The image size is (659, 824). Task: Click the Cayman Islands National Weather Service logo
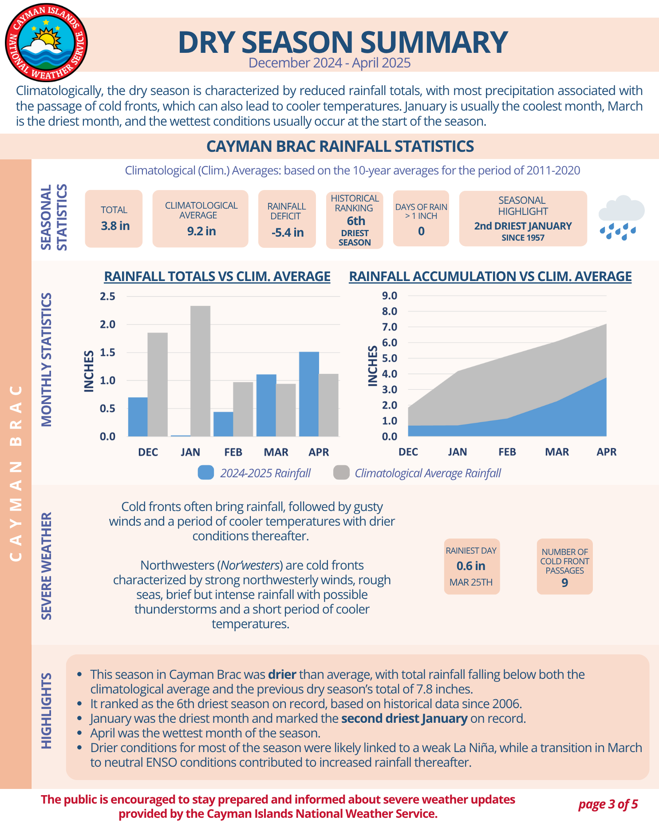coord(46,43)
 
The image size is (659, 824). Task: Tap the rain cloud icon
coord(621,217)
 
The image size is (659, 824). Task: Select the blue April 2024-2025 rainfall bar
coord(309,394)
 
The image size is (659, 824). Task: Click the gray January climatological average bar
coord(201,371)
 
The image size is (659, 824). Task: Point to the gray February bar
coord(243,409)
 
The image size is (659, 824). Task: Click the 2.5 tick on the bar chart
coord(107,296)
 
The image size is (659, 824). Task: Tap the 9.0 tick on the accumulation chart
coord(389,296)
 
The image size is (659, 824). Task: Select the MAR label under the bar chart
coord(276,452)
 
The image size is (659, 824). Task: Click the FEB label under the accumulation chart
coord(507,452)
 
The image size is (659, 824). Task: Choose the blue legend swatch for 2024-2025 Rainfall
coord(206,473)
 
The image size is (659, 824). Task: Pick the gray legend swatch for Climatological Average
coord(341,473)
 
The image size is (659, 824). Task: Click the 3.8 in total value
coord(115,226)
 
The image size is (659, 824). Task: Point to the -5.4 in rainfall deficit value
coord(288,232)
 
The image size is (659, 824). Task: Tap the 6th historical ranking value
coord(356,221)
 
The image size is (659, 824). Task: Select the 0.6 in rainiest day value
coord(471,566)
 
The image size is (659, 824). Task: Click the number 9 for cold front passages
coord(564,582)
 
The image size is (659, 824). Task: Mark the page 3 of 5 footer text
coord(608,804)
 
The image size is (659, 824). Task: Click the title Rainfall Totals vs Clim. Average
coord(217,276)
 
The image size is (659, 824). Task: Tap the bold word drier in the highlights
coord(282,674)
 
